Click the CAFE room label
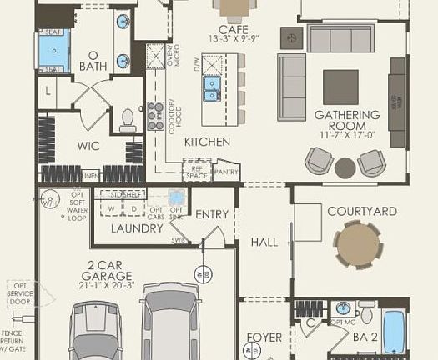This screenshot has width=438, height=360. (228, 30)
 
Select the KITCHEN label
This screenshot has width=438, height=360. (207, 142)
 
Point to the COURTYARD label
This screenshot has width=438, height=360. (361, 212)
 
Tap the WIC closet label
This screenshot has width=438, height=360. (88, 146)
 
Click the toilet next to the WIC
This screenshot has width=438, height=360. (128, 121)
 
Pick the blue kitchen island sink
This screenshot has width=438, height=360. (214, 83)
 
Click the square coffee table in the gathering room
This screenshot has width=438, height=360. (340, 87)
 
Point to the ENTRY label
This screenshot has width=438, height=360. (212, 214)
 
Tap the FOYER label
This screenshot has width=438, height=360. (264, 338)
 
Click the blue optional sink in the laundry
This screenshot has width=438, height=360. (177, 197)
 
